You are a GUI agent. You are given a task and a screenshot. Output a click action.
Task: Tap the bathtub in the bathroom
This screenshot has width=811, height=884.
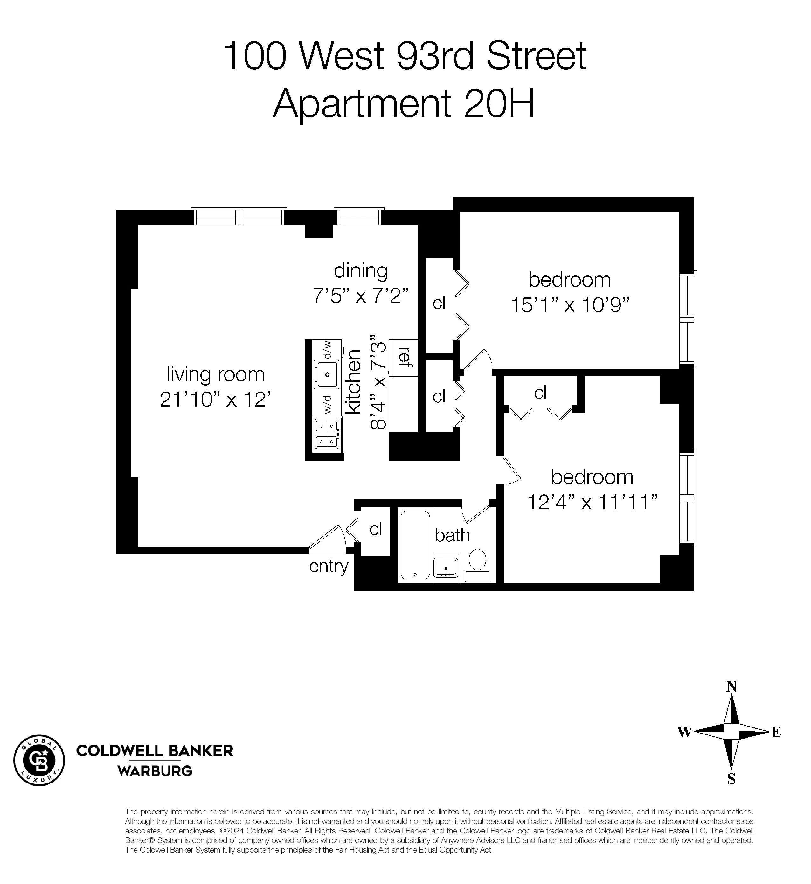coord(415,545)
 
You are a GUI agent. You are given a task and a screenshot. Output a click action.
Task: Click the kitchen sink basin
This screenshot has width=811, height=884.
coord(327,374)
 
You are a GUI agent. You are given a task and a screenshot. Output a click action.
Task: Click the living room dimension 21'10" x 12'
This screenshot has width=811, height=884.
coord(215,400)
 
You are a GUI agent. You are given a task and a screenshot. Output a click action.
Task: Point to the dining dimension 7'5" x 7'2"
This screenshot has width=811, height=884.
coord(360,296)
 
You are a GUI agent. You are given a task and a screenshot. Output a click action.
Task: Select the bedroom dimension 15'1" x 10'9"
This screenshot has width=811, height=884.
coord(570,305)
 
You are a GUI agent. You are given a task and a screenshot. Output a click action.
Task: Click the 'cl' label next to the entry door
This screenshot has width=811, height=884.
coord(376,529)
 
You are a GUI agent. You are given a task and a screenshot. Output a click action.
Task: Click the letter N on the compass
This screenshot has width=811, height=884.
coord(731,686)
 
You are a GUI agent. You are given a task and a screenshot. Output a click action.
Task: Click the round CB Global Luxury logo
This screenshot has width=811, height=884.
coord(39,760)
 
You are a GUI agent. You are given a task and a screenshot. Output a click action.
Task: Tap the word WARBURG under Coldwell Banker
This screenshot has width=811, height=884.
coord(155,771)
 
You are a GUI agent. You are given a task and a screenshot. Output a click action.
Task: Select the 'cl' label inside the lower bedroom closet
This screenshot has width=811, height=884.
coord(540,393)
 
